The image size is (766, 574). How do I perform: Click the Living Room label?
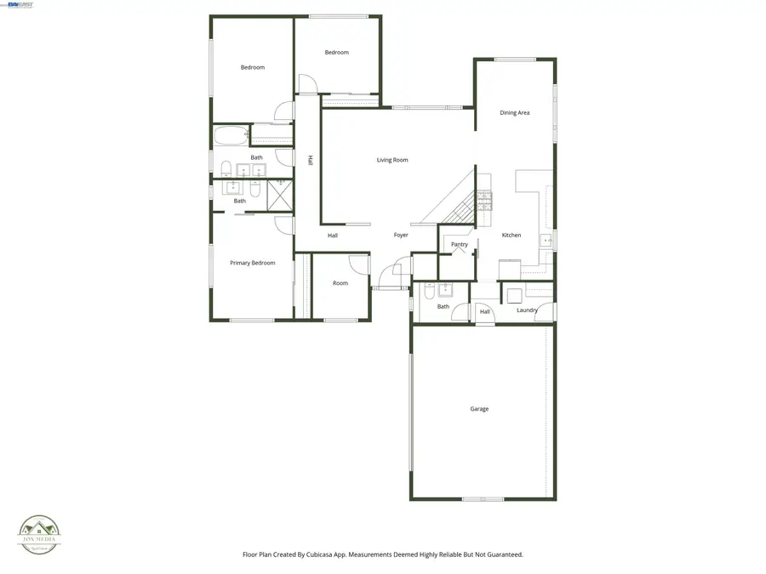pyautogui.click(x=392, y=160)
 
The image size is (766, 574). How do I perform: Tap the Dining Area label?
pyautogui.click(x=515, y=112)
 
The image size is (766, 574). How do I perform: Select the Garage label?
pyautogui.click(x=479, y=409)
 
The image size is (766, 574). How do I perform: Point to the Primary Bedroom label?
pyautogui.click(x=253, y=263)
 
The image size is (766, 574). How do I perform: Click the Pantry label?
pyautogui.click(x=460, y=245)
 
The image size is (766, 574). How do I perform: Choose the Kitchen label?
pyautogui.click(x=511, y=236)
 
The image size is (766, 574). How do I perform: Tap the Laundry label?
pyautogui.click(x=527, y=310)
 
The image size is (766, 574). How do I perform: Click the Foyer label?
pyautogui.click(x=401, y=236)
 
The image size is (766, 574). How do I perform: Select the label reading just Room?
pyautogui.click(x=340, y=283)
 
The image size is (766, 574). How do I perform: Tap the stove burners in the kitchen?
pyautogui.click(x=484, y=200)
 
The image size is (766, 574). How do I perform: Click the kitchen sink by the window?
pyautogui.click(x=546, y=241)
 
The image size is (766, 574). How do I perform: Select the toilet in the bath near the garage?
pyautogui.click(x=429, y=290)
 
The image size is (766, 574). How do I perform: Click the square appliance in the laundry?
pyautogui.click(x=515, y=295)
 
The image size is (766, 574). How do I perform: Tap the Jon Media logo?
pyautogui.click(x=39, y=533)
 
